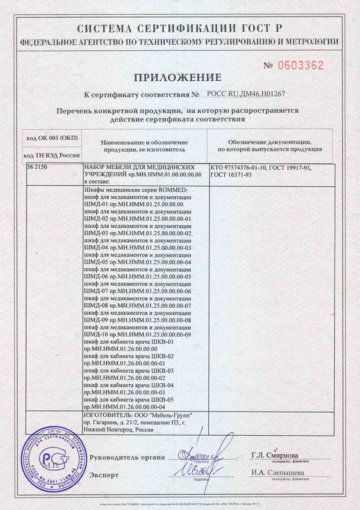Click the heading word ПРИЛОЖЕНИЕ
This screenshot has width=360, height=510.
[x=178, y=77]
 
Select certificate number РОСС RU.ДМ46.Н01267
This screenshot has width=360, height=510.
[x=246, y=94]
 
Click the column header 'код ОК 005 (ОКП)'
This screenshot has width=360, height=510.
[x=52, y=137]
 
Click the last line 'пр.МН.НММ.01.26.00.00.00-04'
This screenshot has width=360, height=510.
[x=125, y=407]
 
